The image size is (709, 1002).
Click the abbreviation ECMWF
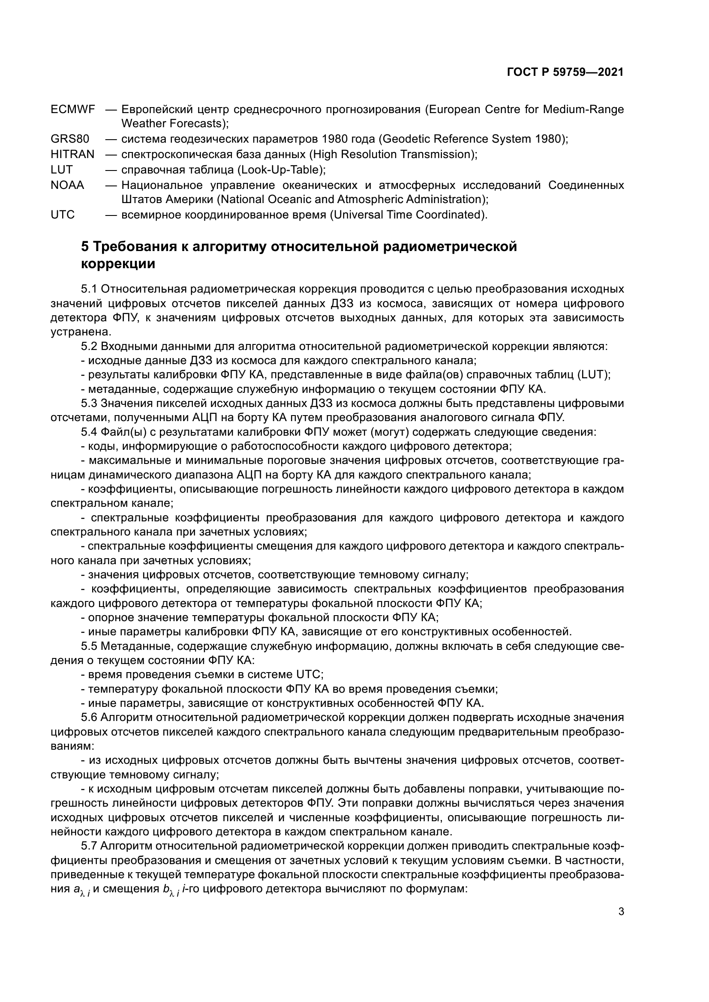[x=72, y=109]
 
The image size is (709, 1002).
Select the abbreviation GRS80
[x=70, y=139]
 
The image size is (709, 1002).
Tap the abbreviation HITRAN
[x=72, y=155]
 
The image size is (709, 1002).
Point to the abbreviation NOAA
[x=67, y=185]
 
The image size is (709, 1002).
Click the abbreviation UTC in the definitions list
[x=63, y=215]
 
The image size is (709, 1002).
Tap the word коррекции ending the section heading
[x=118, y=264]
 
